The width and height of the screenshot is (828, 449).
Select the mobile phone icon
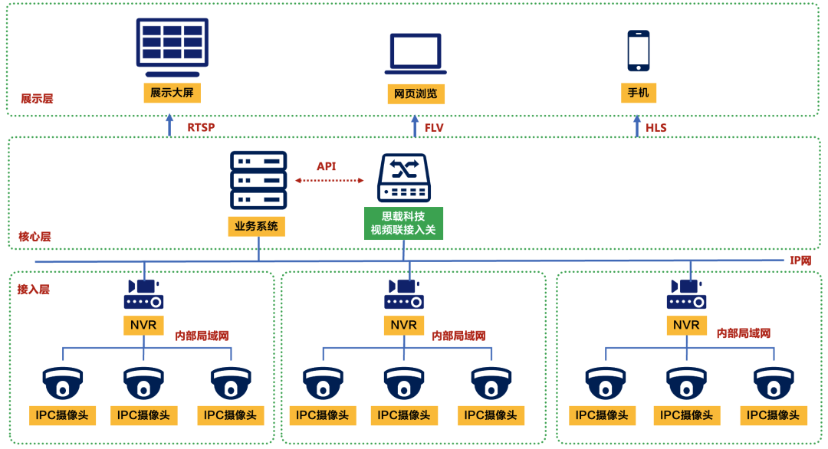point(638,51)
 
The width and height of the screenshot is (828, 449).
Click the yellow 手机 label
point(638,93)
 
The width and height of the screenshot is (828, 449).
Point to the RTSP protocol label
point(201,127)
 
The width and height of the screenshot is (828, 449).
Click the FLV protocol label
point(434,127)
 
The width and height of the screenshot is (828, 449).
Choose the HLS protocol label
point(656,127)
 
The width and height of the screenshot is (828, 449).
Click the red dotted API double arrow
point(330,181)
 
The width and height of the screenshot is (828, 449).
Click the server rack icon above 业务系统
point(258,180)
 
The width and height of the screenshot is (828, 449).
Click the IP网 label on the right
point(800,261)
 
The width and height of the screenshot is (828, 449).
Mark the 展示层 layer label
point(37,99)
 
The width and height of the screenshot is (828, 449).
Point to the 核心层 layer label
point(34,237)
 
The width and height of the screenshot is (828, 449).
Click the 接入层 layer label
point(34,289)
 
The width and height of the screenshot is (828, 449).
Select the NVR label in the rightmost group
point(686,325)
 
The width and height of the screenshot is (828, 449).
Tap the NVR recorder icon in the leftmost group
point(143,293)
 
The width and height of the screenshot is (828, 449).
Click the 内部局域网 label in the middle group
point(458,336)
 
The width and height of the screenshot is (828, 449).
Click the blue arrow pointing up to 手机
point(637,126)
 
